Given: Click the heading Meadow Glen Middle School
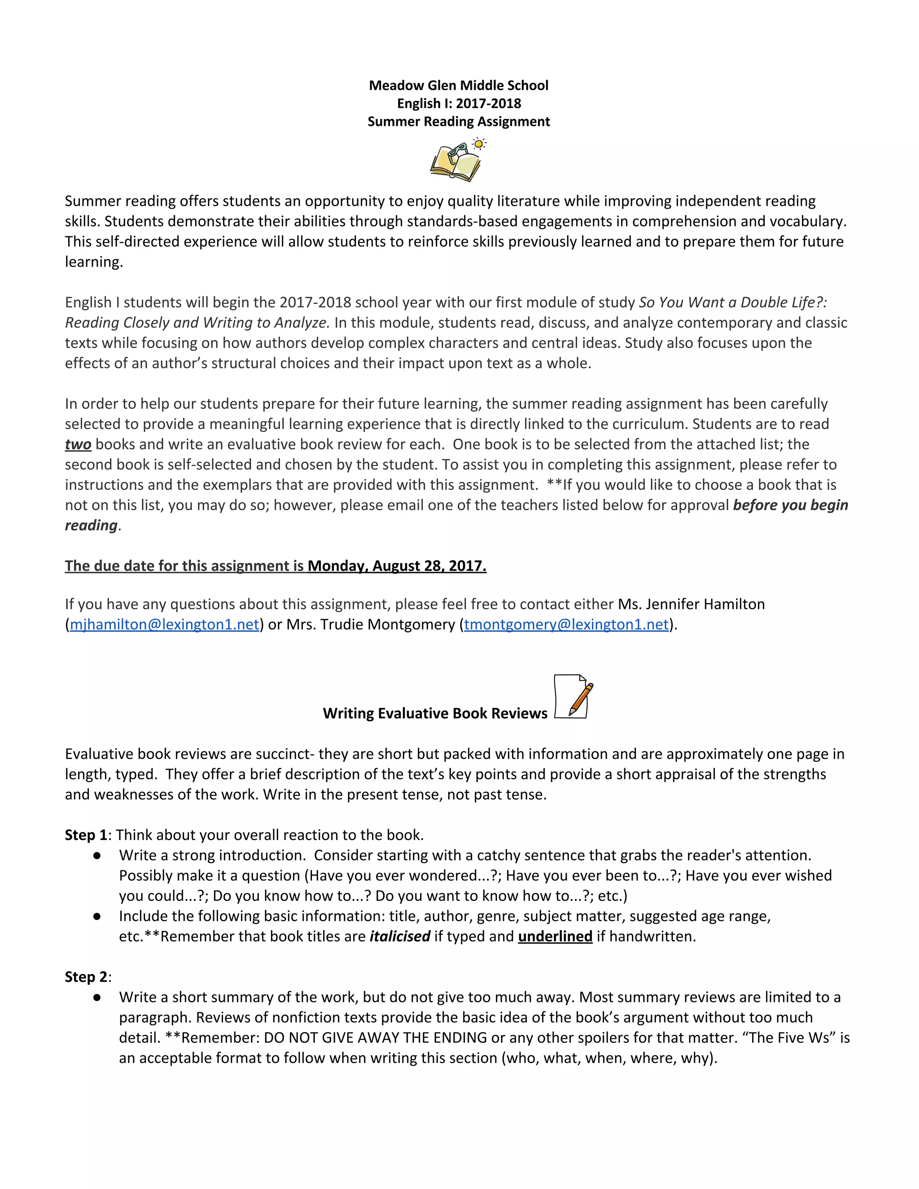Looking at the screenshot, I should pyautogui.click(x=459, y=85).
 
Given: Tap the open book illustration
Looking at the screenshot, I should pyautogui.click(x=455, y=164).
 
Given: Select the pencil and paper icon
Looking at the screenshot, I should pyautogui.click(x=573, y=697).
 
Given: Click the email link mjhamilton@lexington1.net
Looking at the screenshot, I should pyautogui.click(x=164, y=625).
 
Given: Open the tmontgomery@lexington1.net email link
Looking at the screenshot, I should pyautogui.click(x=566, y=625).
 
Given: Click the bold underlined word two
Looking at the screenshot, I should pyautogui.click(x=78, y=444).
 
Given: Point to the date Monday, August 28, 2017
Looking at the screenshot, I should pyautogui.click(x=397, y=566).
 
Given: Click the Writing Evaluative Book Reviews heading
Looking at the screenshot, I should pyautogui.click(x=434, y=713).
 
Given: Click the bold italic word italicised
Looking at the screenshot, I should pyautogui.click(x=400, y=936).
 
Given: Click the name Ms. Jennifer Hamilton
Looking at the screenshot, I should pyautogui.click(x=691, y=604).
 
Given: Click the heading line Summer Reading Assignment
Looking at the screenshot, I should pyautogui.click(x=459, y=122).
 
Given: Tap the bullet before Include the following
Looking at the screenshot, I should pyautogui.click(x=97, y=916).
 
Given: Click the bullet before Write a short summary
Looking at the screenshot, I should pyautogui.click(x=97, y=997).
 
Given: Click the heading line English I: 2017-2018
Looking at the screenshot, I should pyautogui.click(x=459, y=104).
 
